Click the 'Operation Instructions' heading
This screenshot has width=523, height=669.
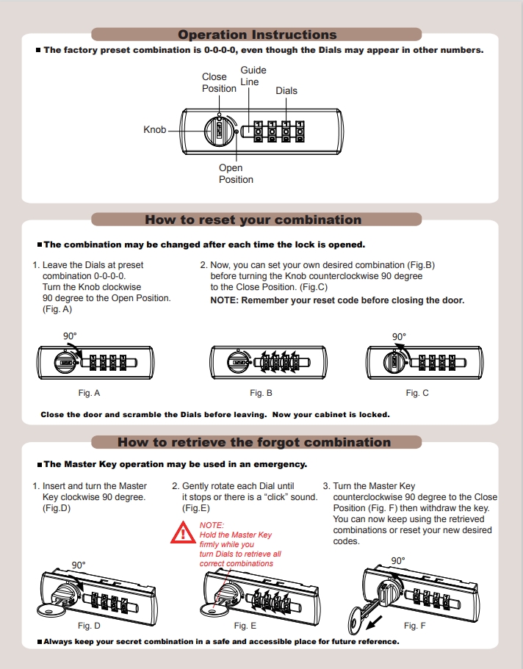pos(257,35)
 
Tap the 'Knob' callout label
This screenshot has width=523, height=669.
pos(154,130)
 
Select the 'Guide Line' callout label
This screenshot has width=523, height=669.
pos(253,76)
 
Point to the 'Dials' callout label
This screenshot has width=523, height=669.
pos(286,90)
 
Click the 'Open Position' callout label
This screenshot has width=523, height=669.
pos(236,173)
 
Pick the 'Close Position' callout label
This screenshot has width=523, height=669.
pos(219,82)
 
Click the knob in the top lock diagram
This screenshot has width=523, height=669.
pos(219,131)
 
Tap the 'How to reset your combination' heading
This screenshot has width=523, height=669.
pos(253,220)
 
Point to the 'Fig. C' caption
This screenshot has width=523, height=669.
pos(417,394)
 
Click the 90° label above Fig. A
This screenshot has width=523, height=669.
pos(70,336)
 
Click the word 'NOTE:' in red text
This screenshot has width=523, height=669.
pos(212,526)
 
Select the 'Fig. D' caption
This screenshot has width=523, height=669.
pos(89,626)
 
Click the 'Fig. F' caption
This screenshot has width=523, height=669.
pos(414,626)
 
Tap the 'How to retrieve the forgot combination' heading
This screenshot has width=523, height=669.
pos(254,442)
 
